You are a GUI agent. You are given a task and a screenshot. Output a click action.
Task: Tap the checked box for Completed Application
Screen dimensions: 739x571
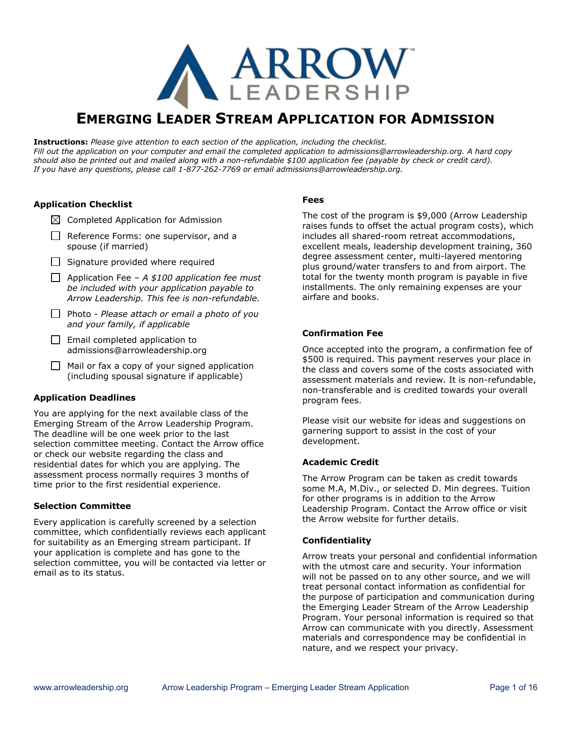[56, 220]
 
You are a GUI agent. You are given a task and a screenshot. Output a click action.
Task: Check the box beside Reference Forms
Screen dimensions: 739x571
[56, 236]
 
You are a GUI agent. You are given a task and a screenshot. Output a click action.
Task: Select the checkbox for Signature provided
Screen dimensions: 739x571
[56, 262]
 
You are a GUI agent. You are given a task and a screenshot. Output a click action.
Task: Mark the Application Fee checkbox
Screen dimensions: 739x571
[56, 278]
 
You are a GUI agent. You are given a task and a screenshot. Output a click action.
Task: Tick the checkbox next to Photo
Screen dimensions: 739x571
[56, 314]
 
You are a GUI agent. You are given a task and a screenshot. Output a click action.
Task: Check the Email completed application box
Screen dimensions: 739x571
[56, 340]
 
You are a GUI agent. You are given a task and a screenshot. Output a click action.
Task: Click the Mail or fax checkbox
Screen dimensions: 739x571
[56, 366]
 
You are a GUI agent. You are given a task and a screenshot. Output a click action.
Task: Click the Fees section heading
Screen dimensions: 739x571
[313, 200]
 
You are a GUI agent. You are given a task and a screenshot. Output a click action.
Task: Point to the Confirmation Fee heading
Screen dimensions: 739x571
[343, 333]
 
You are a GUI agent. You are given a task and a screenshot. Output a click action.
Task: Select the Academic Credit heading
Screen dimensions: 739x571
[340, 462]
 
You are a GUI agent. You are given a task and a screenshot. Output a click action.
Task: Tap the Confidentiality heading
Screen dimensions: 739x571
[337, 540]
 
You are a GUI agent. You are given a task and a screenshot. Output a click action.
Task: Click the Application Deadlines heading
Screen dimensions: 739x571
[85, 397]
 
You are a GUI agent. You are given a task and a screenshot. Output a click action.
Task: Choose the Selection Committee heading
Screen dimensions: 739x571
[82, 506]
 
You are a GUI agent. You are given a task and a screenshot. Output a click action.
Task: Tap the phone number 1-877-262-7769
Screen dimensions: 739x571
[209, 169]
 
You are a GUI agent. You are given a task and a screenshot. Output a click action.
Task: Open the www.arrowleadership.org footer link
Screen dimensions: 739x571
[81, 688]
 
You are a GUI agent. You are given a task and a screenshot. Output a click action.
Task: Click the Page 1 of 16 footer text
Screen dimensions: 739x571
[513, 688]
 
